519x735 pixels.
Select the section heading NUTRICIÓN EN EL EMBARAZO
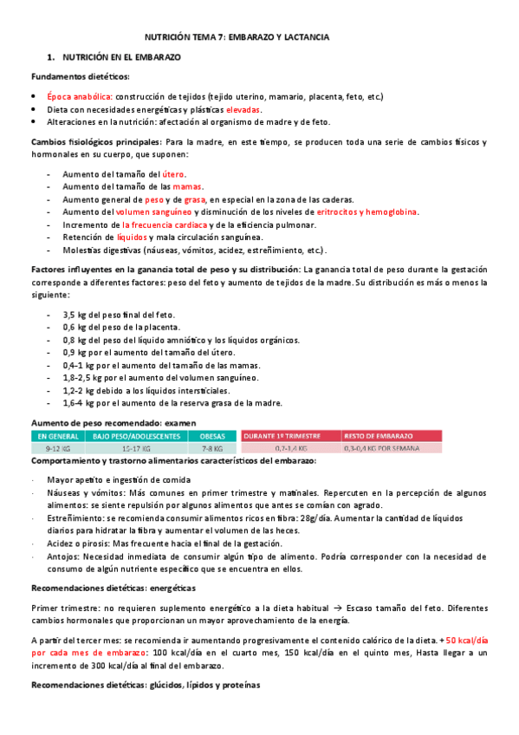(121, 57)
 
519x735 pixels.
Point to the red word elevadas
(243, 110)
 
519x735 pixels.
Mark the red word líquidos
(132, 237)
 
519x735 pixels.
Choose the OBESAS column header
(212, 435)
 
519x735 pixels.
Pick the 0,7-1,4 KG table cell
(291, 448)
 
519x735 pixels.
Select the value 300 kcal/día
(107, 666)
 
